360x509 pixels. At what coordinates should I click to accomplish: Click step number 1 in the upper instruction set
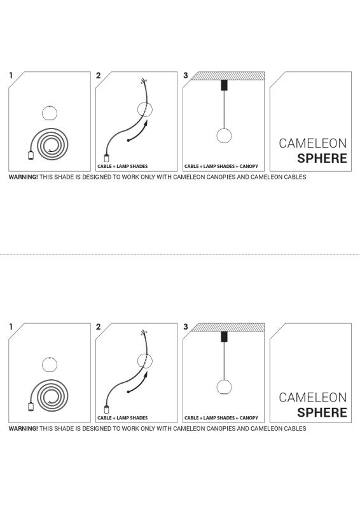click(x=11, y=76)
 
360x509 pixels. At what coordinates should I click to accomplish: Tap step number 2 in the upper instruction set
click(x=99, y=76)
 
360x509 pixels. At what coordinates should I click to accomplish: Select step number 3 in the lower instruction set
click(x=186, y=326)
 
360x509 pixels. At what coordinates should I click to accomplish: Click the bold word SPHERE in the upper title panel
click(x=322, y=158)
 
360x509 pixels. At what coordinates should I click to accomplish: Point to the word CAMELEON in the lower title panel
click(x=313, y=397)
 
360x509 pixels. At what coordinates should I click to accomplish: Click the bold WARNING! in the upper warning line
click(x=23, y=177)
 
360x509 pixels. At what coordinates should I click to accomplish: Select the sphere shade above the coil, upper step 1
click(x=50, y=114)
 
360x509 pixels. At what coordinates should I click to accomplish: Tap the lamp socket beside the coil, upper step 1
click(x=30, y=155)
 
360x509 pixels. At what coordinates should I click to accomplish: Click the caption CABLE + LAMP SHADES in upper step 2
click(x=122, y=166)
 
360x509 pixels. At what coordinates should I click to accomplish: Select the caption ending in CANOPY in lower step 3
click(x=221, y=418)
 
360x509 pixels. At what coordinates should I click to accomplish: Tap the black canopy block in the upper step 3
click(x=223, y=85)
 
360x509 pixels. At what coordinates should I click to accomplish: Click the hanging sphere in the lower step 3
click(x=223, y=387)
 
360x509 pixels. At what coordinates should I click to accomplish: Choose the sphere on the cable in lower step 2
click(x=146, y=361)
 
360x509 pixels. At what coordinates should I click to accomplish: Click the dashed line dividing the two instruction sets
click(x=180, y=254)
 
